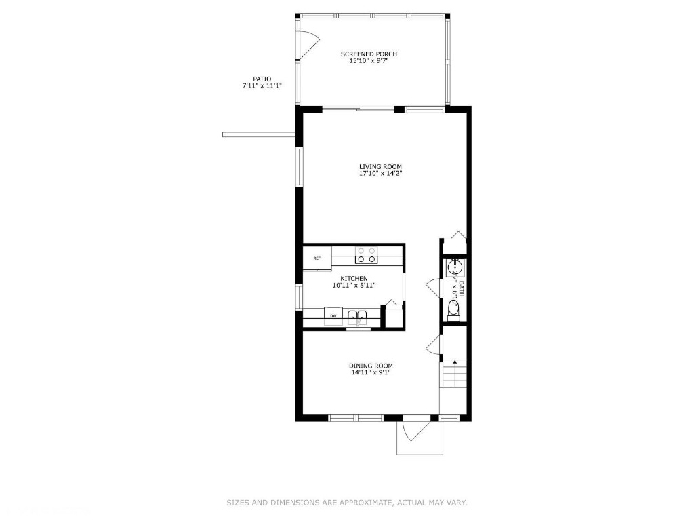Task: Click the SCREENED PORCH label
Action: click(x=369, y=54)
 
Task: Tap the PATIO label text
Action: click(x=262, y=79)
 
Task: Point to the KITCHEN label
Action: click(x=354, y=278)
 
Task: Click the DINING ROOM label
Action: click(x=371, y=366)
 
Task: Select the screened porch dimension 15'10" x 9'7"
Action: click(x=369, y=61)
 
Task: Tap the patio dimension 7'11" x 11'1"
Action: click(x=262, y=86)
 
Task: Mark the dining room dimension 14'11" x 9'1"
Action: click(x=371, y=372)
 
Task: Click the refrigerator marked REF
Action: click(x=317, y=258)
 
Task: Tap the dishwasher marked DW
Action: click(x=333, y=316)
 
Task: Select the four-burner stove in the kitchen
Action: click(x=367, y=255)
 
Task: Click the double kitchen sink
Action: click(x=358, y=315)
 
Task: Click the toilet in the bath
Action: click(x=454, y=310)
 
